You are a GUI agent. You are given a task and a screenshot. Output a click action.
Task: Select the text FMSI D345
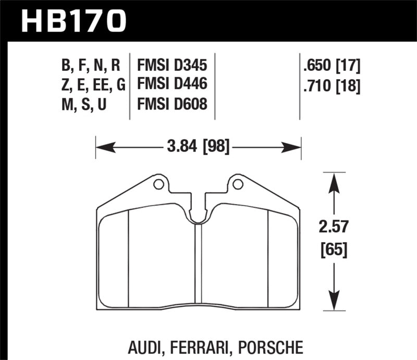coord(172,66)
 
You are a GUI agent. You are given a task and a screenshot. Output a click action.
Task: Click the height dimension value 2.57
coord(334,228)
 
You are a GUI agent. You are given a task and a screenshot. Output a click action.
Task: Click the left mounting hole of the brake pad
coord(157,183)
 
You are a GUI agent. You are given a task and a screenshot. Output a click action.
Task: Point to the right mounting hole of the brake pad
coord(238,183)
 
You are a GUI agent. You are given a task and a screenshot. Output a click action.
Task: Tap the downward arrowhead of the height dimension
coord(334,304)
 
